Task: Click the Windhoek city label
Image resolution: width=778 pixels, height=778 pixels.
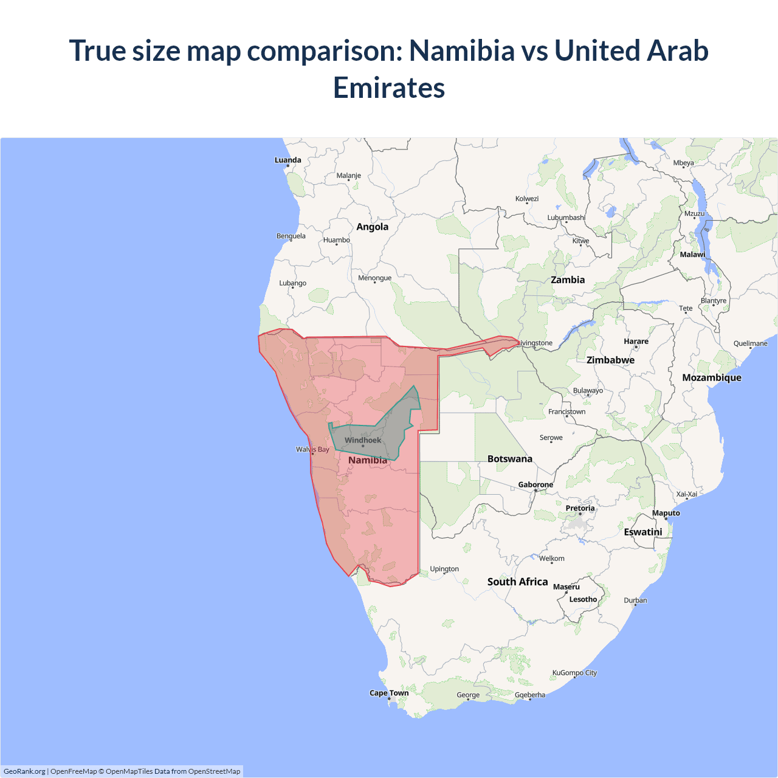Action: click(363, 440)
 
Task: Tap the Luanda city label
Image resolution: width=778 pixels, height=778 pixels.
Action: click(287, 160)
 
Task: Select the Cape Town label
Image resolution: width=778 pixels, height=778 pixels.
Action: click(389, 693)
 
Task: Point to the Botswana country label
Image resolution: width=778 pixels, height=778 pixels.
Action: click(509, 459)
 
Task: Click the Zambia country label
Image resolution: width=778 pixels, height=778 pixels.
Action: click(568, 280)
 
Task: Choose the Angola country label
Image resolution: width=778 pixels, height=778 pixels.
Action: click(372, 227)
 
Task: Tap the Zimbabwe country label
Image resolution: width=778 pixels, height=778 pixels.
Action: click(610, 360)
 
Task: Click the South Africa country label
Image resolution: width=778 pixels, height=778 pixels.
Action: click(517, 582)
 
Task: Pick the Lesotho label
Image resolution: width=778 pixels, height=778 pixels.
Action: click(583, 599)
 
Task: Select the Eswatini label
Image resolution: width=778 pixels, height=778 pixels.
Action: click(643, 532)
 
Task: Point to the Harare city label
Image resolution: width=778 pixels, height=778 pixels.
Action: click(636, 342)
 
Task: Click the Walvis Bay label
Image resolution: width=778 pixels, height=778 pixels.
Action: click(312, 450)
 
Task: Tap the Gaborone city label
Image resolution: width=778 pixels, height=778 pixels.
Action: click(535, 485)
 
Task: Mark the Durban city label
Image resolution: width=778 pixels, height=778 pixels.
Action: click(635, 601)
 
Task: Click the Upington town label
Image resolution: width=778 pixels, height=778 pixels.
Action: click(444, 569)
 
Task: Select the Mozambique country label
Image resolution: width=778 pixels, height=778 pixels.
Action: click(711, 377)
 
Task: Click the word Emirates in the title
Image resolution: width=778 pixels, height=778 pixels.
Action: click(389, 88)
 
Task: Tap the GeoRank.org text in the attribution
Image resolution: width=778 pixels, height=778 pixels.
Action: click(24, 771)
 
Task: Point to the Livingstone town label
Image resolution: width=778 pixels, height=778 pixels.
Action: click(535, 343)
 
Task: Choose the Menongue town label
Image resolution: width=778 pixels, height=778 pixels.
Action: click(374, 278)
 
